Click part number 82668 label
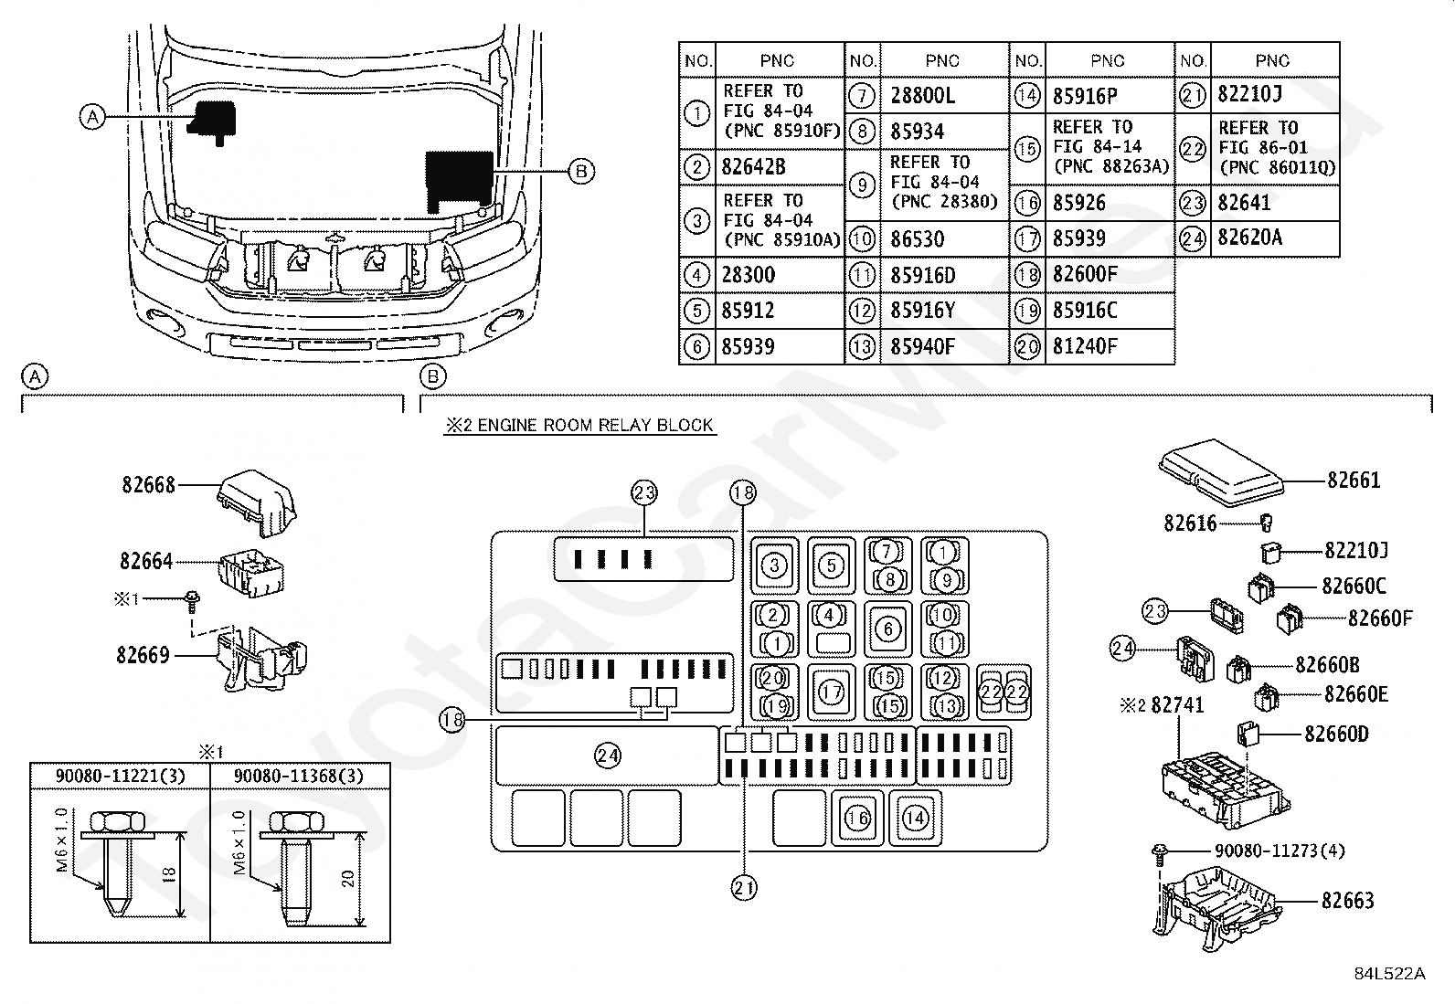[x=149, y=484]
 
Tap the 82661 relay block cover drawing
[x=1221, y=473]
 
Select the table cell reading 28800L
[x=922, y=96]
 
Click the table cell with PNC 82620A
[x=1249, y=238]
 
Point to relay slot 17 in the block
[x=832, y=692]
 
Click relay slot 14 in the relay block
[x=915, y=819]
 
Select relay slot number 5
[x=832, y=565]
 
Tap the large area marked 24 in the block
[x=607, y=756]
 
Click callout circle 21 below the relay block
[x=744, y=888]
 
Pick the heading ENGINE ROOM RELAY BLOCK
[x=595, y=426]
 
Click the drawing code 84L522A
[x=1389, y=974]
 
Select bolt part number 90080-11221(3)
[x=120, y=776]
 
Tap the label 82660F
[x=1380, y=618]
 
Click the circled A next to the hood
[x=92, y=117]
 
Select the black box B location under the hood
[x=459, y=181]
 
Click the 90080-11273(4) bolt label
[x=1279, y=851]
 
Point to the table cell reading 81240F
[x=1085, y=347]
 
